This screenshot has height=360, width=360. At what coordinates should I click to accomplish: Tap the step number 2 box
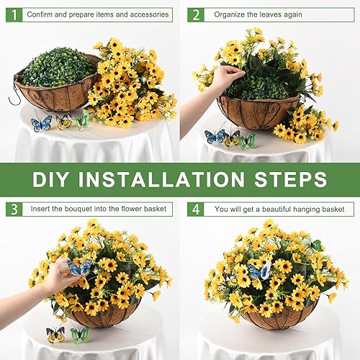[x=194, y=14]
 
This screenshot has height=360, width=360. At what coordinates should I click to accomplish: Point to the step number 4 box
[x=194, y=209]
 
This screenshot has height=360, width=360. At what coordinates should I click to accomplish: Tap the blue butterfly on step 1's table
[x=41, y=123]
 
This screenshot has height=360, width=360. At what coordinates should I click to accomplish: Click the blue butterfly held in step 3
[x=79, y=267]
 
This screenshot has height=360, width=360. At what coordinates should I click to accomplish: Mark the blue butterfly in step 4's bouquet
[x=258, y=271]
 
